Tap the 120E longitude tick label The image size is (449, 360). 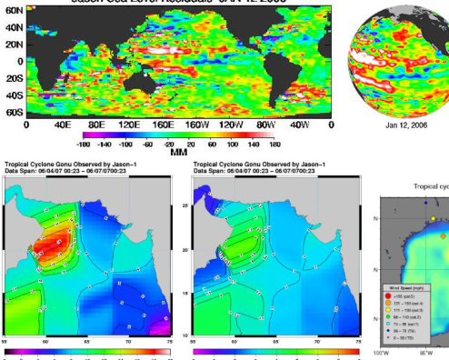130,125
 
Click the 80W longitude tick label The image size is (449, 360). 267,125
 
